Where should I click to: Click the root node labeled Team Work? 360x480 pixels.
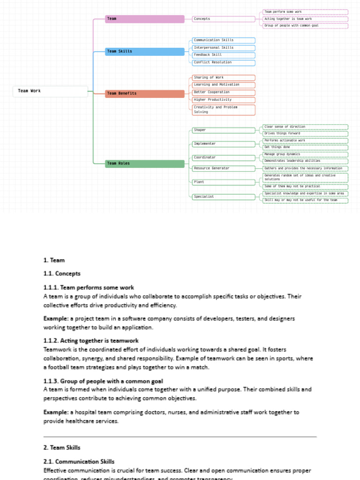point(50,91)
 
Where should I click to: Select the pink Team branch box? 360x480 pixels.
point(145,19)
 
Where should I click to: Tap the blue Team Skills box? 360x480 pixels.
point(145,51)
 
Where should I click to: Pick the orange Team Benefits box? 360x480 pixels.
point(145,93)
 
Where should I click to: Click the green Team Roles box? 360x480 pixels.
point(145,164)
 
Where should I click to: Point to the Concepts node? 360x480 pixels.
point(224,19)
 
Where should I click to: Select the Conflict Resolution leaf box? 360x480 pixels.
point(224,62)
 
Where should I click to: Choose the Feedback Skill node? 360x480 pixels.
point(224,55)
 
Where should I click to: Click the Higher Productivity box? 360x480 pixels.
point(224,99)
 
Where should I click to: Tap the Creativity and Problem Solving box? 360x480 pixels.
point(224,110)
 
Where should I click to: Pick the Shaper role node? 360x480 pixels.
point(224,130)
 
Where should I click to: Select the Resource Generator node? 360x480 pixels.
point(224,168)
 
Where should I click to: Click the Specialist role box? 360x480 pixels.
point(224,197)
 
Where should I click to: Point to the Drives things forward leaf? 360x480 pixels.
point(305,134)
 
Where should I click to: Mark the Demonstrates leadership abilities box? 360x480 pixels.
point(305,161)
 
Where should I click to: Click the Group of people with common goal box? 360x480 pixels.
point(305,26)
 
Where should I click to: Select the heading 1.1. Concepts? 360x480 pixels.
point(62,274)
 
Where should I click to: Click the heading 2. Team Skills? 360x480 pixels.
point(62,448)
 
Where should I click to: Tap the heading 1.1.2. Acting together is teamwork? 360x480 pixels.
point(91,341)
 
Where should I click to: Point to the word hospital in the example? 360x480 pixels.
point(84,412)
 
